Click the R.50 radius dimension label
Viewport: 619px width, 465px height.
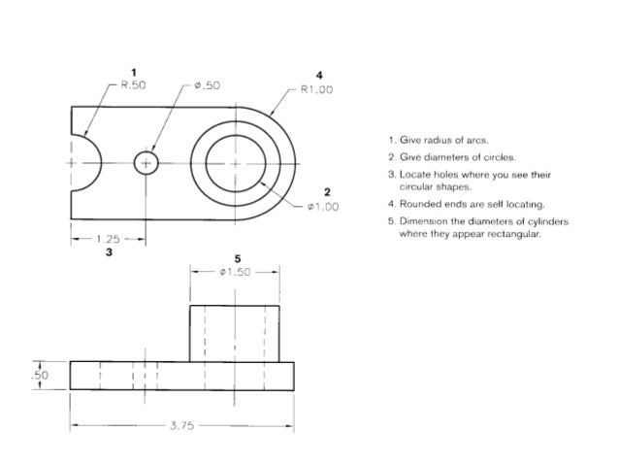(133, 85)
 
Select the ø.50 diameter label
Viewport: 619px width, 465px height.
(208, 85)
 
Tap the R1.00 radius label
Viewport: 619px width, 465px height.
(316, 89)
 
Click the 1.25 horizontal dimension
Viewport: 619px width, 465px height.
(108, 237)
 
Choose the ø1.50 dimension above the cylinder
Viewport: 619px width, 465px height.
(234, 273)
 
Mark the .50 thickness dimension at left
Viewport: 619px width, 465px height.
(41, 375)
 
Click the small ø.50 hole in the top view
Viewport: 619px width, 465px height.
(146, 163)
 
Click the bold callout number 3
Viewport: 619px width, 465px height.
(108, 251)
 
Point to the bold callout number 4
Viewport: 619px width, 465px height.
(318, 75)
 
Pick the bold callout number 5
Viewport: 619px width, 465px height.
(236, 258)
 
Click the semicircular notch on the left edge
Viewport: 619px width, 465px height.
(85, 163)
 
